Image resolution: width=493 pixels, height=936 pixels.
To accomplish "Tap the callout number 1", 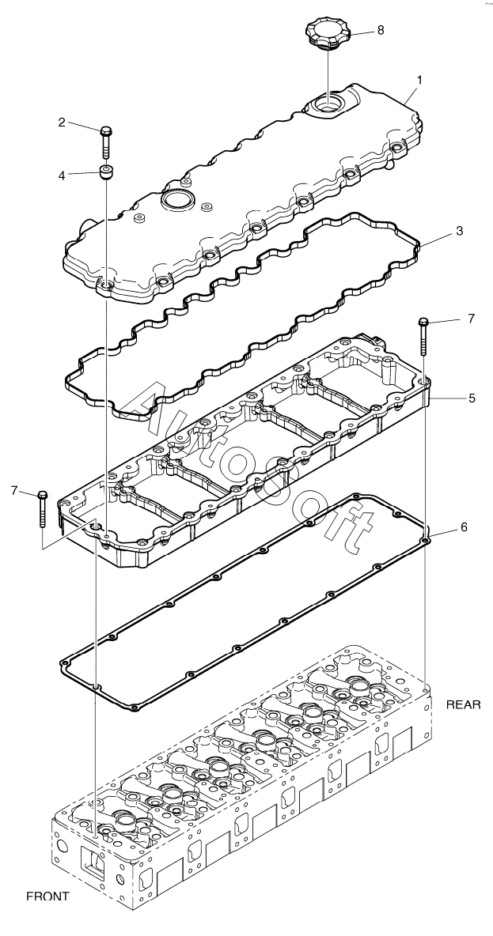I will [419, 81].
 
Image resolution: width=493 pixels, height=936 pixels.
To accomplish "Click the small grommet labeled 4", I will [104, 172].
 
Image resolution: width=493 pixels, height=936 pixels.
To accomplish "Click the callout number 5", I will [471, 398].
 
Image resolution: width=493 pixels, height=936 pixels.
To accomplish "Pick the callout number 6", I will [464, 526].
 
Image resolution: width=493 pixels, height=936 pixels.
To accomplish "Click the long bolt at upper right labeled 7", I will [424, 338].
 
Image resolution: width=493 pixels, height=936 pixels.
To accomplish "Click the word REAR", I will [463, 703].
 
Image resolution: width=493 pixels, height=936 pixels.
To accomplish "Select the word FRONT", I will [48, 896].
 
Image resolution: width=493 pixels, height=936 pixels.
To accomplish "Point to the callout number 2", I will [61, 122].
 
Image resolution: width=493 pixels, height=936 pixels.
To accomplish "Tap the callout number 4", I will [61, 175].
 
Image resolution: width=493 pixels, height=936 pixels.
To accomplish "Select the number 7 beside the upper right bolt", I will [470, 319].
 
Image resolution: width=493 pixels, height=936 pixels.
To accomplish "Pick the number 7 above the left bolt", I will [14, 491].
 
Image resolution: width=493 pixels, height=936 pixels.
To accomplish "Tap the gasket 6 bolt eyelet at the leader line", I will [426, 542].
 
